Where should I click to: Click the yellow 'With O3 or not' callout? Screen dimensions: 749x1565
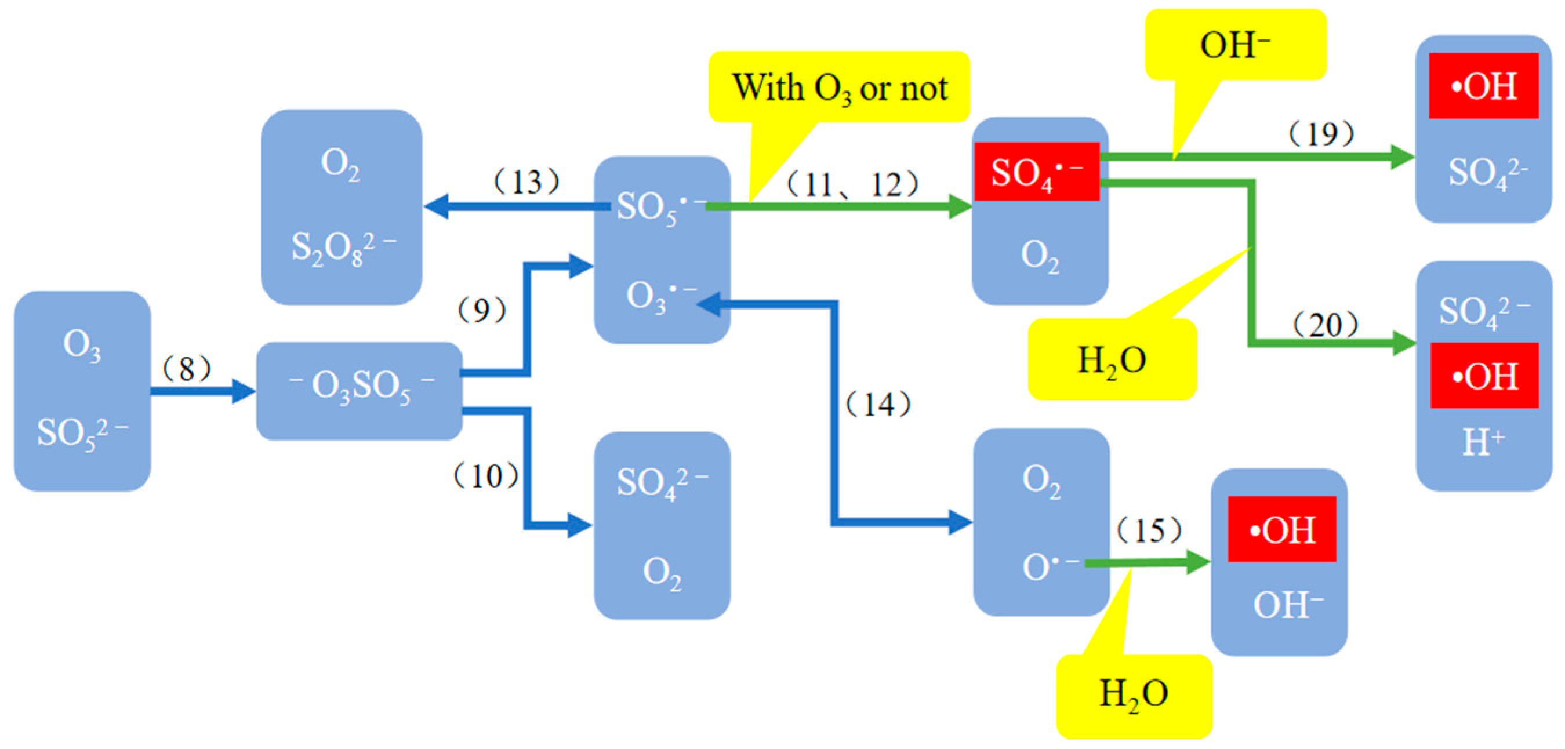pyautogui.click(x=838, y=87)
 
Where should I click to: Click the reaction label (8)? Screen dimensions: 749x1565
pyautogui.click(x=187, y=369)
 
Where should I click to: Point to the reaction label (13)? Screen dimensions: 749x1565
pyautogui.click(x=526, y=181)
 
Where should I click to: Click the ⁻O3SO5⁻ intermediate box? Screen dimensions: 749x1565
pyautogui.click(x=360, y=390)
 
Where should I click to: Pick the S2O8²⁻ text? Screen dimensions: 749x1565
pyautogui.click(x=343, y=247)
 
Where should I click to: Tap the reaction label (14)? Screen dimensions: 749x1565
pyautogui.click(x=878, y=405)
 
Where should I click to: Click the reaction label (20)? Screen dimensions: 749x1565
pyautogui.click(x=1325, y=325)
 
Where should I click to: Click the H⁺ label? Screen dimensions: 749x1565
pyautogui.click(x=1483, y=442)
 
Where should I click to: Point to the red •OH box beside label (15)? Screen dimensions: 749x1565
pyautogui.click(x=1281, y=529)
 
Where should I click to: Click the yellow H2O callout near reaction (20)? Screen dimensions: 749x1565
pyautogui.click(x=1112, y=360)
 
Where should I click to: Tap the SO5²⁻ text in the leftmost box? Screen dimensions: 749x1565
pyautogui.click(x=82, y=433)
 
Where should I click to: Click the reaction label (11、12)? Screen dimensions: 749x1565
pyautogui.click(x=852, y=184)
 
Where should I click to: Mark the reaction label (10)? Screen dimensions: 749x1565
pyautogui.click(x=486, y=475)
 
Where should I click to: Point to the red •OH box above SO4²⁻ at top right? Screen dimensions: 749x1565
pyautogui.click(x=1483, y=86)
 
